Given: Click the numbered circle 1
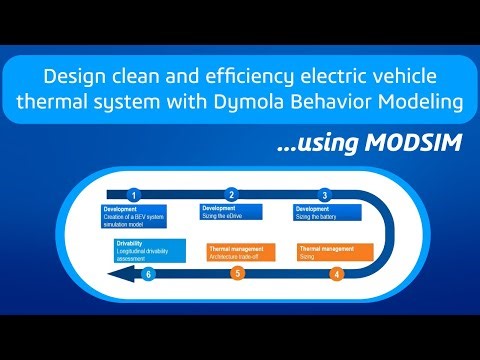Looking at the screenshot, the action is (133, 195).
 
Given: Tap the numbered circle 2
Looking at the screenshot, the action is (232, 195).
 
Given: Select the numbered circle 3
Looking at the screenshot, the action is (325, 195).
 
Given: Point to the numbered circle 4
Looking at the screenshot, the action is (336, 273).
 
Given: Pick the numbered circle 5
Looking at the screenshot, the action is (237, 273).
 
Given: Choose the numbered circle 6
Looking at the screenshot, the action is (149, 273).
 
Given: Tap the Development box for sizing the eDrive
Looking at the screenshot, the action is (233, 212).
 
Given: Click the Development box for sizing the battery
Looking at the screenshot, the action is (327, 212).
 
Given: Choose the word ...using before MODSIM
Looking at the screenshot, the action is (316, 144).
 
